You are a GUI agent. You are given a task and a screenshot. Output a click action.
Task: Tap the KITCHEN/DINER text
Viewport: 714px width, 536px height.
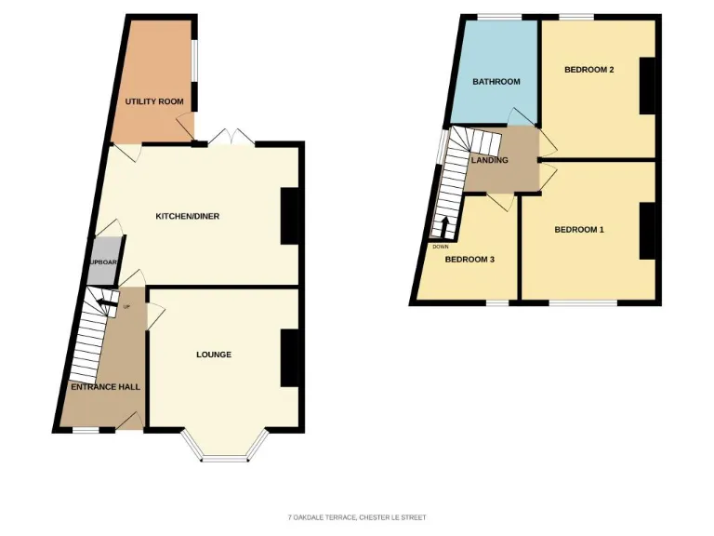pyautogui.click(x=187, y=216)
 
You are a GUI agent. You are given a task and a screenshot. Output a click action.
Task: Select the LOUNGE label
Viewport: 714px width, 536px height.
pyautogui.click(x=214, y=355)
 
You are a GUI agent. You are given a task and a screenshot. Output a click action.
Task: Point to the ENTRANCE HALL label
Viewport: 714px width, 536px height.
pyautogui.click(x=105, y=386)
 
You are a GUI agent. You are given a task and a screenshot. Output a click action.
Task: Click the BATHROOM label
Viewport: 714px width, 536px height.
pyautogui.click(x=496, y=82)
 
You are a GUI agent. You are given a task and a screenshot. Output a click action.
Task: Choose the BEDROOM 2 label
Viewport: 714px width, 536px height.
pyautogui.click(x=588, y=69)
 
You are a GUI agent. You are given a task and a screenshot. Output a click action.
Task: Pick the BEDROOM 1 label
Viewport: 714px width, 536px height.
pyautogui.click(x=579, y=229)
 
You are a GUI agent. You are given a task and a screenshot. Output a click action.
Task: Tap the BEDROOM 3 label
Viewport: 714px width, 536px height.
pyautogui.click(x=469, y=260)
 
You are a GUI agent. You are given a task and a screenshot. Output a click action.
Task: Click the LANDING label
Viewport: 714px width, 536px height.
pyautogui.click(x=490, y=160)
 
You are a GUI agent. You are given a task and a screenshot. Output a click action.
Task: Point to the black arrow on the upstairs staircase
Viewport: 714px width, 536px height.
pyautogui.click(x=443, y=227)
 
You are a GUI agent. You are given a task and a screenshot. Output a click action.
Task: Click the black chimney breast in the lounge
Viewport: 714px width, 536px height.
pyautogui.click(x=290, y=357)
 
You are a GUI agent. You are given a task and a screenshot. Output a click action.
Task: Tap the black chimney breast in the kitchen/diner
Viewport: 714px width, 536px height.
pyautogui.click(x=290, y=216)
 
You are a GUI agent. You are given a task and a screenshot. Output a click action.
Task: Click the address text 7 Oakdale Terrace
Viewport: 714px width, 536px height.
pyautogui.click(x=357, y=517)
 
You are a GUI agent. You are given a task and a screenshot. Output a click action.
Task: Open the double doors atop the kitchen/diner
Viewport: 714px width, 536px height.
pyautogui.click(x=231, y=139)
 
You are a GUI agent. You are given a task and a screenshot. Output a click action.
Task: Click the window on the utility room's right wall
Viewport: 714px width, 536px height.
pyautogui.click(x=194, y=64)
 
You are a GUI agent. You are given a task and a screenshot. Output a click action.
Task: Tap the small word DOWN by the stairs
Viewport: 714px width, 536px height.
pyautogui.click(x=441, y=247)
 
